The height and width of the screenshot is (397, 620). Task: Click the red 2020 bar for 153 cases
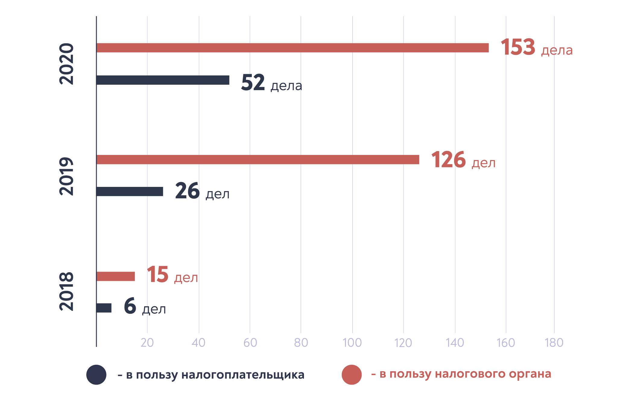point(293,48)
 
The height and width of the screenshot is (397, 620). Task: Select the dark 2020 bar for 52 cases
point(163,80)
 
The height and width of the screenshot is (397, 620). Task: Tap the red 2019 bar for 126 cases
point(258,160)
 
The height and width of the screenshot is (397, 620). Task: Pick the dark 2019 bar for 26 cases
point(130,192)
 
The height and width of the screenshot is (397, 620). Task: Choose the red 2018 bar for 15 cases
point(115,276)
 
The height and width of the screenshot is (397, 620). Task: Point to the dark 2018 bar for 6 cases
point(104,308)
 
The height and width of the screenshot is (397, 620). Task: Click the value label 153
point(518,47)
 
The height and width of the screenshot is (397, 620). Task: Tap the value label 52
point(253,82)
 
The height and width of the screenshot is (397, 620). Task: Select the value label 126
point(448,160)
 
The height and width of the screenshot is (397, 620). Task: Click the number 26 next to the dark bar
point(187,191)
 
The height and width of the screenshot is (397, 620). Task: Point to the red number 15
point(157,275)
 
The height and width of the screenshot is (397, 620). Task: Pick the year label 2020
point(67,64)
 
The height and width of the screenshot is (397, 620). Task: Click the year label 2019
point(67,176)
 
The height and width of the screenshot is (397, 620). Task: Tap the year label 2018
point(67,291)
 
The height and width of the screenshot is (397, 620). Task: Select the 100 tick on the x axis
point(352,343)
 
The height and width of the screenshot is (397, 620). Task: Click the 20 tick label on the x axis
point(147,343)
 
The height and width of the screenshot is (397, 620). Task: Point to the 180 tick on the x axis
point(554,343)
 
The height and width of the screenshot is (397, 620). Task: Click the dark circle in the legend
point(96,375)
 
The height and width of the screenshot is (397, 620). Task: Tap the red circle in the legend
point(352,375)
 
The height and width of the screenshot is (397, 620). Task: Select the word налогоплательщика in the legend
point(243,375)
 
